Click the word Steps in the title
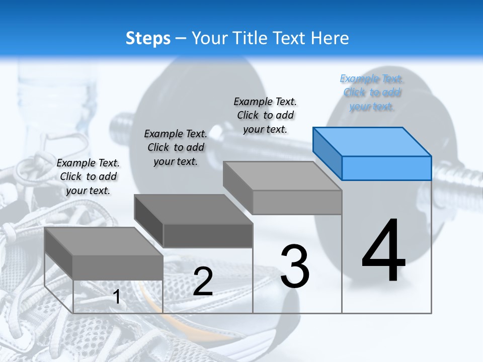click(x=148, y=38)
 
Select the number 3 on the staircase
click(x=295, y=266)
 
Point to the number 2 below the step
click(x=203, y=281)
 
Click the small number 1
click(x=117, y=297)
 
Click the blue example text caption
click(x=372, y=93)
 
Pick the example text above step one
click(x=88, y=176)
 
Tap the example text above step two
click(x=176, y=147)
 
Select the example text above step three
click(x=265, y=115)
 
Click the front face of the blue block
click(x=386, y=168)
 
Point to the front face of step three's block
click(x=297, y=203)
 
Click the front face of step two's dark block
click(x=207, y=236)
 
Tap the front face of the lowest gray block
click(x=118, y=267)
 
